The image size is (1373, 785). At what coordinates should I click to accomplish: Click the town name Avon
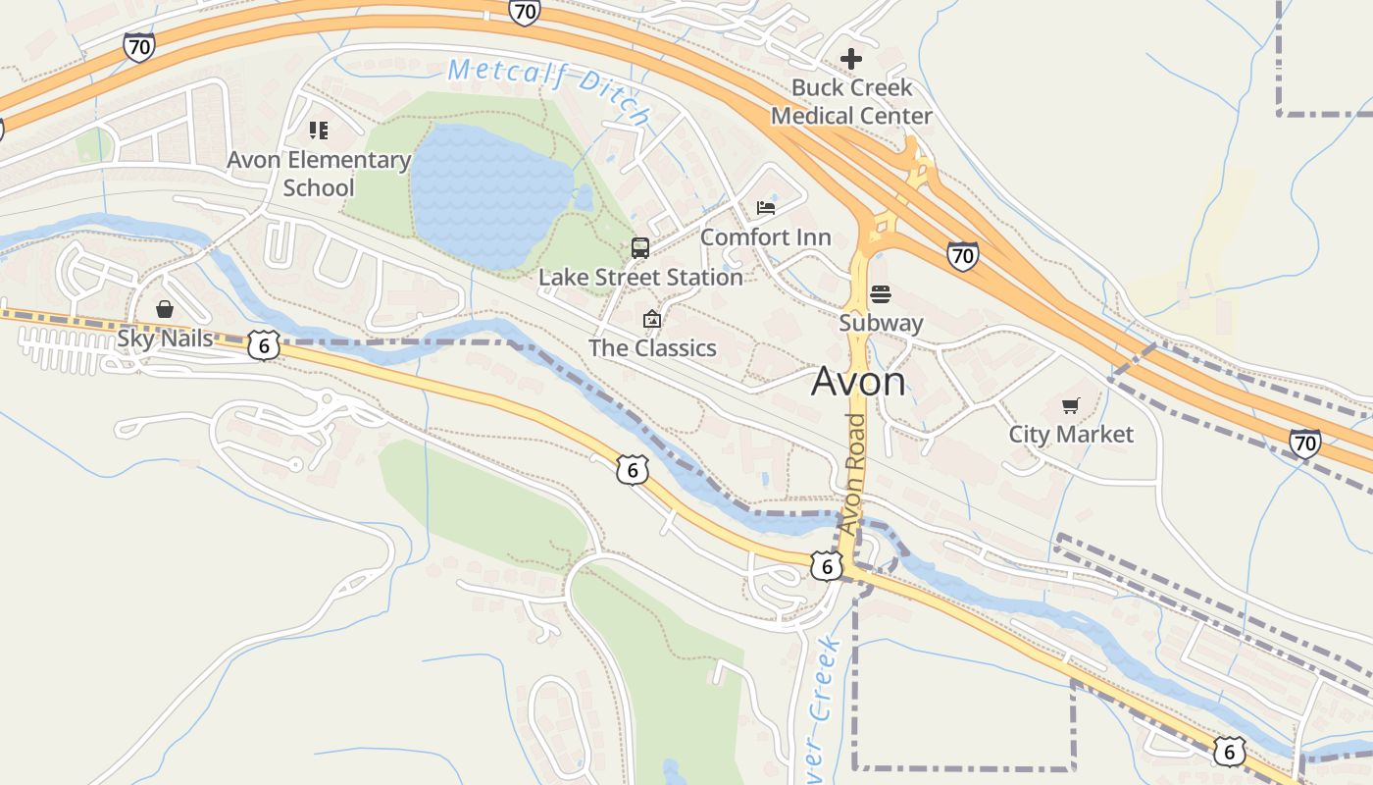pyautogui.click(x=858, y=382)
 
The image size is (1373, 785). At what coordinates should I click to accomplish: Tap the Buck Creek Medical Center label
pyautogui.click(x=851, y=102)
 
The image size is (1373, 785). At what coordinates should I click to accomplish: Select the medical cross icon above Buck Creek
pyautogui.click(x=851, y=59)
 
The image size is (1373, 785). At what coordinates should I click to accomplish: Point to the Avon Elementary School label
pyautogui.click(x=319, y=174)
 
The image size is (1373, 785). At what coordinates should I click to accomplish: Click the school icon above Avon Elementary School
pyautogui.click(x=318, y=130)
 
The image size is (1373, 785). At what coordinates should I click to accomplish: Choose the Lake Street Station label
pyautogui.click(x=640, y=278)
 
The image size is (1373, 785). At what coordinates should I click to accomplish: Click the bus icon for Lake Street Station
pyautogui.click(x=640, y=248)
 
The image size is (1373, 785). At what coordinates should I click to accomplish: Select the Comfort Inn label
pyautogui.click(x=766, y=237)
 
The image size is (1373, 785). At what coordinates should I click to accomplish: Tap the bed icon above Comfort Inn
pyautogui.click(x=766, y=208)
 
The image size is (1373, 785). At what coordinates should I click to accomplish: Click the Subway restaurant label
pyautogui.click(x=881, y=323)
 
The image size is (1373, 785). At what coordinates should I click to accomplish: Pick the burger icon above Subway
pyautogui.click(x=881, y=294)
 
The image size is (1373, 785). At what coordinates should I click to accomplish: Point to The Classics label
pyautogui.click(x=652, y=348)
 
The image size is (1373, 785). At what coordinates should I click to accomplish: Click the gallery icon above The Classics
pyautogui.click(x=651, y=319)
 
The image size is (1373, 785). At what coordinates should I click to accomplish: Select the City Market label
pyautogui.click(x=1071, y=434)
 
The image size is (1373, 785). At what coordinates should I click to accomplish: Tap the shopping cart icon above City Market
pyautogui.click(x=1070, y=405)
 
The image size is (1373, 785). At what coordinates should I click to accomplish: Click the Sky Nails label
pyautogui.click(x=165, y=339)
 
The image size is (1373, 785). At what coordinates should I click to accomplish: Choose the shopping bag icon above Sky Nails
pyautogui.click(x=165, y=309)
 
